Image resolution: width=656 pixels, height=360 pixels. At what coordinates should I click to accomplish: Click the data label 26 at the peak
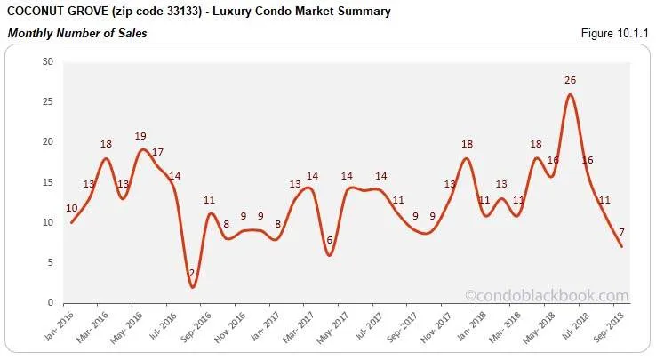(570, 80)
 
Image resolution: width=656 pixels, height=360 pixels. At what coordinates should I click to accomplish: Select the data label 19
(140, 136)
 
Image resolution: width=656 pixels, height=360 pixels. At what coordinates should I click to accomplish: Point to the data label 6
(330, 241)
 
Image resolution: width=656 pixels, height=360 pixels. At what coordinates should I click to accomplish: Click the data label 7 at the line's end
(622, 233)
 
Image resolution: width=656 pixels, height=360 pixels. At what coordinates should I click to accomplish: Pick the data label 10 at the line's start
(71, 208)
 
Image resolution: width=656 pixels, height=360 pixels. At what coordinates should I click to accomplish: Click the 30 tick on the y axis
(48, 61)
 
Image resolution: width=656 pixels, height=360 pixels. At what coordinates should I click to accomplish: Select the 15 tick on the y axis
(48, 182)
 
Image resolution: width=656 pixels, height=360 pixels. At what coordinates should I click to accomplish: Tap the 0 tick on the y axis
(51, 303)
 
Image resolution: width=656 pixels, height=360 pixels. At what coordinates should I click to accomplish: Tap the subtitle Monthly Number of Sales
(77, 34)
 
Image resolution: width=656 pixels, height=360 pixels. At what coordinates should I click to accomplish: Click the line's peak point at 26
(570, 94)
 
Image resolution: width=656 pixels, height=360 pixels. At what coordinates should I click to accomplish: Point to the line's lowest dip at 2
(193, 287)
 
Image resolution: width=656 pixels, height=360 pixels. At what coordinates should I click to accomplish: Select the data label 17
(158, 152)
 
